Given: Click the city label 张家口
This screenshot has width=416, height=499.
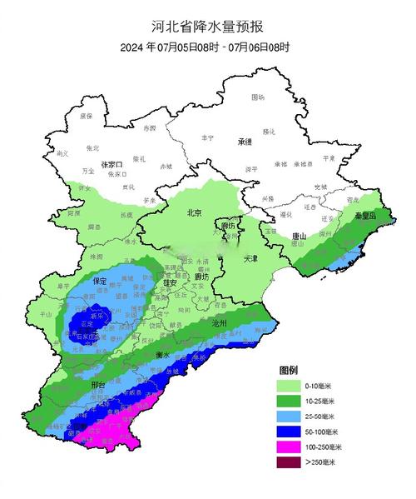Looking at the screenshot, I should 111,165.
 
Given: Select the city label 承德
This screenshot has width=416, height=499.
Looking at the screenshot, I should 244,142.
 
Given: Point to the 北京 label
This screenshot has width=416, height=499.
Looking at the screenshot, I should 195,213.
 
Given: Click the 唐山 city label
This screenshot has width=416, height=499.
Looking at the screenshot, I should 300,237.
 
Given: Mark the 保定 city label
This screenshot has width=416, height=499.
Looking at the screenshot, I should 101,280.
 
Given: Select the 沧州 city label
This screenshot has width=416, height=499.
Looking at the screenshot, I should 220,322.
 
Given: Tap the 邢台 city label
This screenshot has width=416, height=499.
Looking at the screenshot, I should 98,385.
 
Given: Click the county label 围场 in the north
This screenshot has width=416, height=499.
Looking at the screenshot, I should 259,97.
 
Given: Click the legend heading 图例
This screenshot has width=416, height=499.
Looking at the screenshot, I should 289,369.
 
